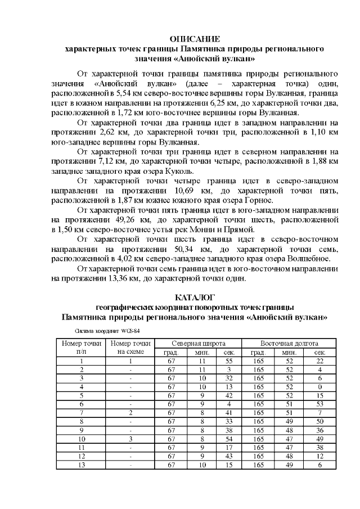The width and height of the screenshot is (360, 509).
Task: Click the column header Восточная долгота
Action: click(289, 343)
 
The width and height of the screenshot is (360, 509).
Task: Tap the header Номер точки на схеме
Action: click(130, 348)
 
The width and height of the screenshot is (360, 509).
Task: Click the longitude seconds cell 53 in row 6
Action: click(319, 404)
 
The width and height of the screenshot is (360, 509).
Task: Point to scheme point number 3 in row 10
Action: click(130, 438)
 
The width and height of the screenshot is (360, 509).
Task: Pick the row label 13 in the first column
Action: click(82, 464)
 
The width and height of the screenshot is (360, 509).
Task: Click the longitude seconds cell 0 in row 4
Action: click(319, 387)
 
